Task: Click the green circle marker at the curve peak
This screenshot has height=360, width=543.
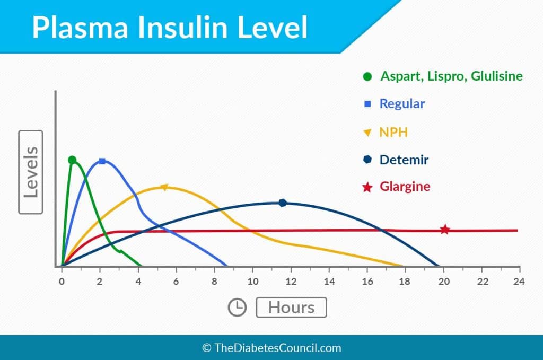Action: tap(72, 160)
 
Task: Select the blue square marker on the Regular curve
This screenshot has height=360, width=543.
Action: tap(102, 161)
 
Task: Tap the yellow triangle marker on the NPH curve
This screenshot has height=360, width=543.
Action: tap(164, 187)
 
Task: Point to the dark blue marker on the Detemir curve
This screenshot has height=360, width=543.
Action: tap(283, 203)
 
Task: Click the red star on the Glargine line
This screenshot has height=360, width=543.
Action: tap(445, 230)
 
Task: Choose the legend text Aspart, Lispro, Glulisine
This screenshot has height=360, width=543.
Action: tap(451, 76)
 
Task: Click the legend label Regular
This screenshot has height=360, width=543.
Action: tap(402, 104)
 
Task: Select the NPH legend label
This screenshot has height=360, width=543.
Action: tap(393, 132)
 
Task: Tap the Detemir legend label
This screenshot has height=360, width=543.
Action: tap(404, 160)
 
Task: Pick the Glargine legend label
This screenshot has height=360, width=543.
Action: tap(405, 187)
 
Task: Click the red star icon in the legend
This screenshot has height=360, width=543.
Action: tap(367, 187)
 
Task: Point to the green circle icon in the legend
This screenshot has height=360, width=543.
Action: tap(367, 76)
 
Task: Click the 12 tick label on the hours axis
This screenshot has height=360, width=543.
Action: tap(291, 281)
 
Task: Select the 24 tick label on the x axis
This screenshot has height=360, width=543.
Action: tap(520, 281)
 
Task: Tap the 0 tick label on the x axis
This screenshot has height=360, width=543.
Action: tap(62, 281)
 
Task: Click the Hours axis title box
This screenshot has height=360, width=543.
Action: tap(291, 308)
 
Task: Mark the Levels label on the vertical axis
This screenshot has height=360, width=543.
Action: tap(31, 171)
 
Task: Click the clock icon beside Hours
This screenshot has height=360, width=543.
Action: tap(237, 308)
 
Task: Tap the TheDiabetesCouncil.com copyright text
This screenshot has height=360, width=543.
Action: tap(271, 348)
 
